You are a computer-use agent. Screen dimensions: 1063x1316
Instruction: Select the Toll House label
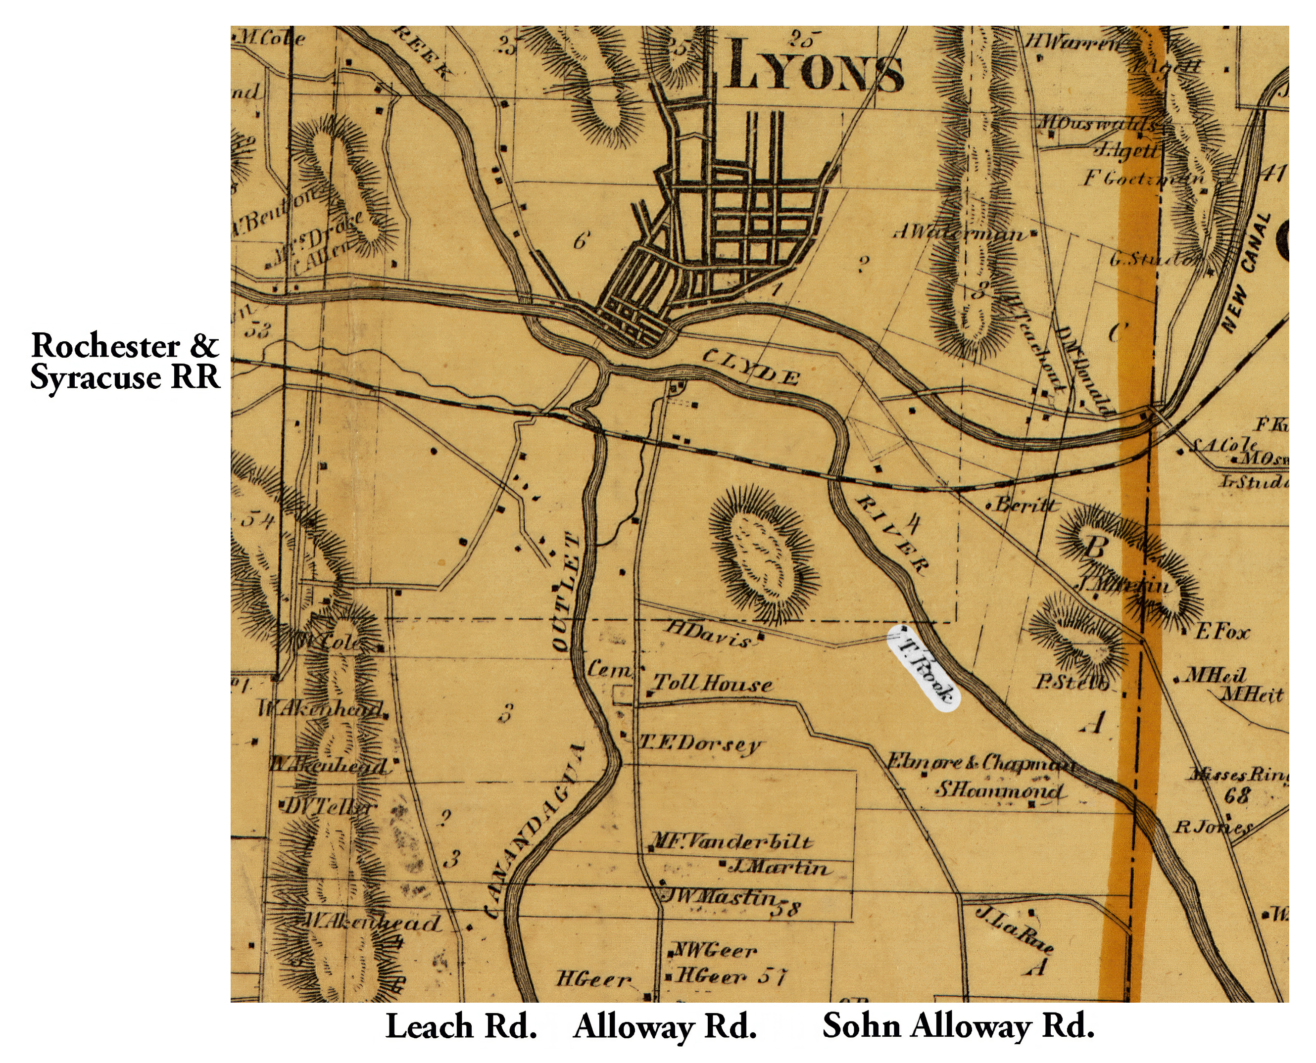712,684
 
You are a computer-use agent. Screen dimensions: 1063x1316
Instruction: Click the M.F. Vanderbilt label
731,842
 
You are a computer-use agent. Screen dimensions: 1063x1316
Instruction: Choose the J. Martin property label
780,868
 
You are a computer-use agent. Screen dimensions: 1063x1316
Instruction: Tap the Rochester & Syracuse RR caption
125,361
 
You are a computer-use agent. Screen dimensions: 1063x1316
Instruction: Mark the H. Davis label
708,634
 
